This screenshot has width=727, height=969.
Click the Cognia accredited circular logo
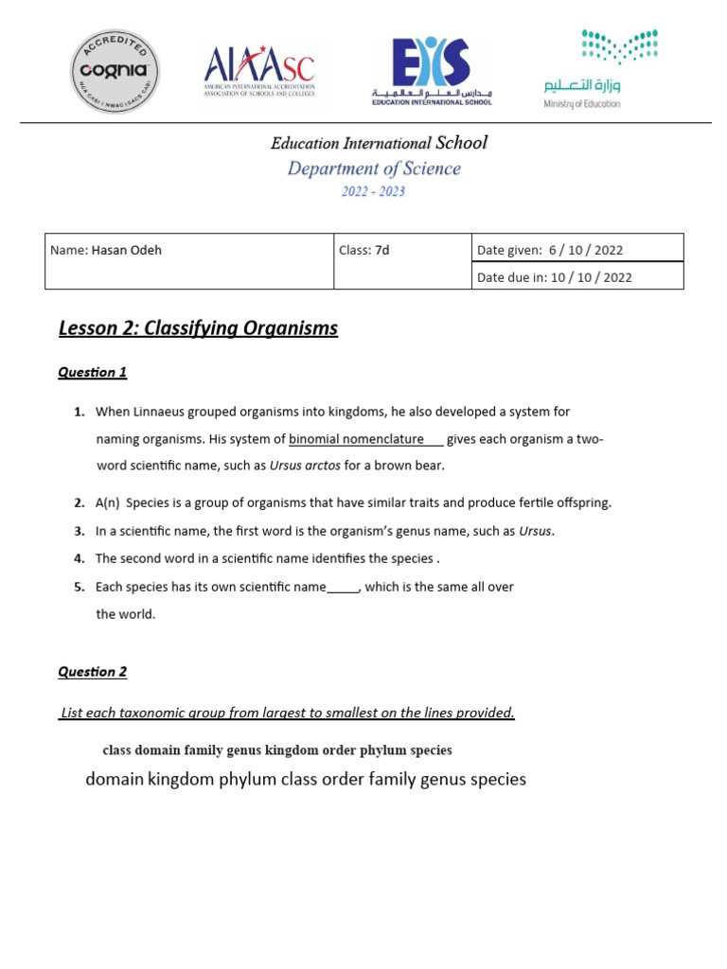pos(115,71)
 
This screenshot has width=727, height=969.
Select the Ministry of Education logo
pos(600,69)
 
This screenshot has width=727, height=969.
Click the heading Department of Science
pos(374,168)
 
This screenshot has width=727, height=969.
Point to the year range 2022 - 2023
pos(374,191)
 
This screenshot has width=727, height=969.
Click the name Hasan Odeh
pos(125,251)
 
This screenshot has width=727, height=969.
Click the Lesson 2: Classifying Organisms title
pos(198,328)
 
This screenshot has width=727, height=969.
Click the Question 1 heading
pos(92,372)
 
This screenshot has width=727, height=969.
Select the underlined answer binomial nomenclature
pos(356,439)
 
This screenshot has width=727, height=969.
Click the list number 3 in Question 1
pos(80,531)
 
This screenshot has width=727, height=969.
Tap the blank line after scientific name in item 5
pos(343,588)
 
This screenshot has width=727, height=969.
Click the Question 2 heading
pos(92,672)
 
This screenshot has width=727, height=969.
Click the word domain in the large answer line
pos(115,780)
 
